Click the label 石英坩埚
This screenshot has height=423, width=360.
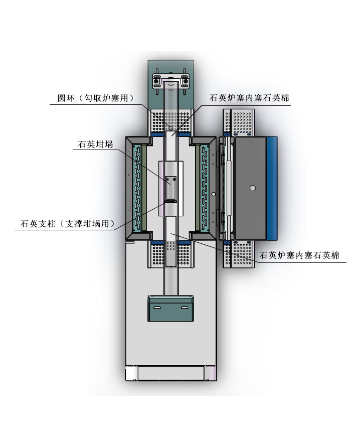click(95, 145)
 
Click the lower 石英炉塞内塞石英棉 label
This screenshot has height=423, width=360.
click(299, 255)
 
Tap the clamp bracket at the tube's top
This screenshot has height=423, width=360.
click(170, 80)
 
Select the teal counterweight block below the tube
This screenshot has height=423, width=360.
click(170, 308)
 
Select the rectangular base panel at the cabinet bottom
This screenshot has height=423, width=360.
click(170, 373)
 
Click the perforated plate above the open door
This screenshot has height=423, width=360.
click(239, 123)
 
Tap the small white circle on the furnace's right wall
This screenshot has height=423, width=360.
click(213, 194)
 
